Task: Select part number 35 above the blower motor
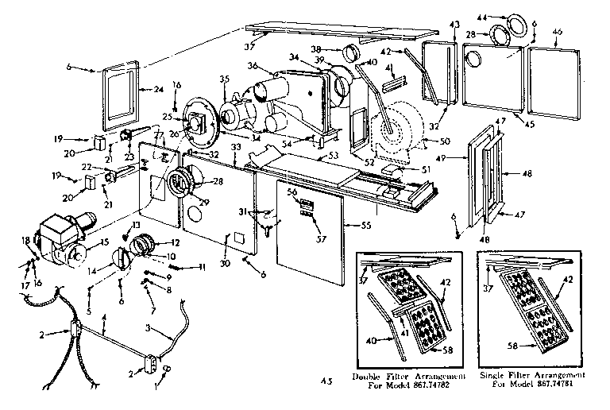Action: tap(223, 79)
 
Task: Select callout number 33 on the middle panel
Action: tap(235, 148)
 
